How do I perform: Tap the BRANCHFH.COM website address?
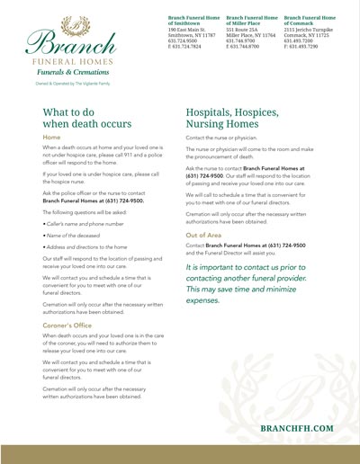(x=296, y=429)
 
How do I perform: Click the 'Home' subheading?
(x=52, y=138)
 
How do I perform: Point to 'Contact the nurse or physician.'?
(x=223, y=138)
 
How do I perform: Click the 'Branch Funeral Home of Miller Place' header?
(x=252, y=20)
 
